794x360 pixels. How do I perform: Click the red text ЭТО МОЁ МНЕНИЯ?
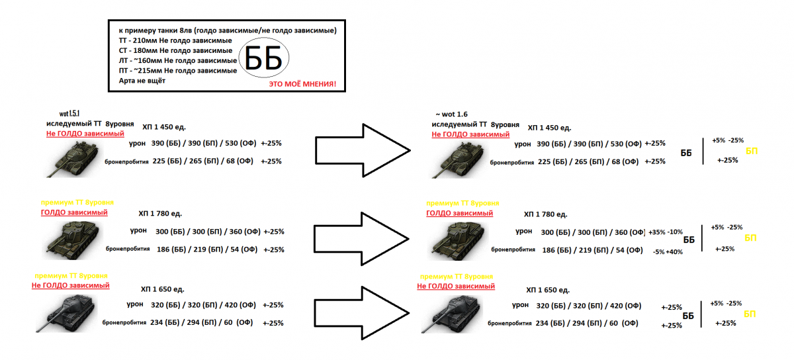point(302,85)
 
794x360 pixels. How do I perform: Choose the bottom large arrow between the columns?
point(363,312)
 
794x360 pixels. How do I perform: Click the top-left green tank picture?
point(74,159)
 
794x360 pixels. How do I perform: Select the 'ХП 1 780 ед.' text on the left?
point(160,214)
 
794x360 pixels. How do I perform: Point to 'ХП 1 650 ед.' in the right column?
point(548,290)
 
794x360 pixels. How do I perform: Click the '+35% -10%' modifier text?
point(665,232)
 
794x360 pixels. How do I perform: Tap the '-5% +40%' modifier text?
point(667,251)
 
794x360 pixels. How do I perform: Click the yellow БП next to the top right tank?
point(752,151)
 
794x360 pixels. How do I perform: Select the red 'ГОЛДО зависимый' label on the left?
point(73,212)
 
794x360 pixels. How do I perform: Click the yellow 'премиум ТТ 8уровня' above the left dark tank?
point(69,275)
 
